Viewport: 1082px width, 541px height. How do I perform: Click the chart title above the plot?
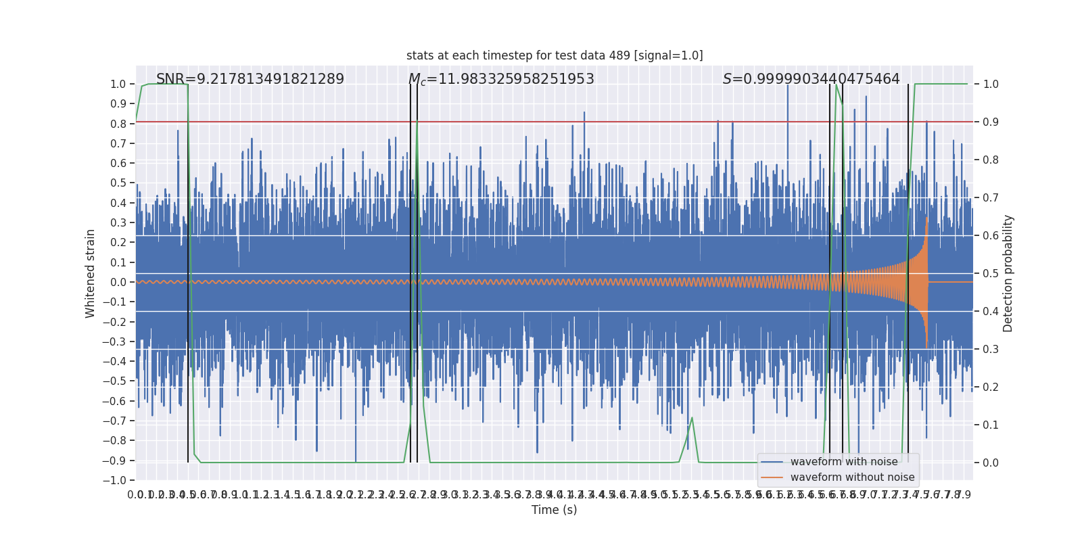(x=555, y=55)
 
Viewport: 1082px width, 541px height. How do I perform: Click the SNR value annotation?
(x=250, y=79)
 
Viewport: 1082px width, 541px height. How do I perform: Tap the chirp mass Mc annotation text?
(x=501, y=79)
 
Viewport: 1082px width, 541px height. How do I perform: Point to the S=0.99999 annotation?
(x=811, y=79)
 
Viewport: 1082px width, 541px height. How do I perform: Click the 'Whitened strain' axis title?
(x=91, y=273)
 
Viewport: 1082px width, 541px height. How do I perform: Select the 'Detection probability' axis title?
(x=1008, y=273)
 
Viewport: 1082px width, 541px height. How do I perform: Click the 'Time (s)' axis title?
(x=554, y=510)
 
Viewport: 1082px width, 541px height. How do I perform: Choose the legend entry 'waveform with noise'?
(x=843, y=462)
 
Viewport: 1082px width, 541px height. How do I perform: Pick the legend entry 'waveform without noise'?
(x=852, y=477)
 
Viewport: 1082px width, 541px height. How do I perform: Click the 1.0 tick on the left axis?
(x=118, y=85)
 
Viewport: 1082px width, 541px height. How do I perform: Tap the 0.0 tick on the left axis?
(x=118, y=282)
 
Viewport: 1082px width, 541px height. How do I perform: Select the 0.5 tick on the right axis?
(x=991, y=274)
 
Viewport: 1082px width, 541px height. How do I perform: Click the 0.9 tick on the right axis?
(x=991, y=122)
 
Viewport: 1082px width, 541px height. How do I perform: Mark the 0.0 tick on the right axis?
(x=991, y=463)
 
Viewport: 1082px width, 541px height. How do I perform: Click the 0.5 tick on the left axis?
(x=118, y=183)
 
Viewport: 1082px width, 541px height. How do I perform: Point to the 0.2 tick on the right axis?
(x=991, y=387)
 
